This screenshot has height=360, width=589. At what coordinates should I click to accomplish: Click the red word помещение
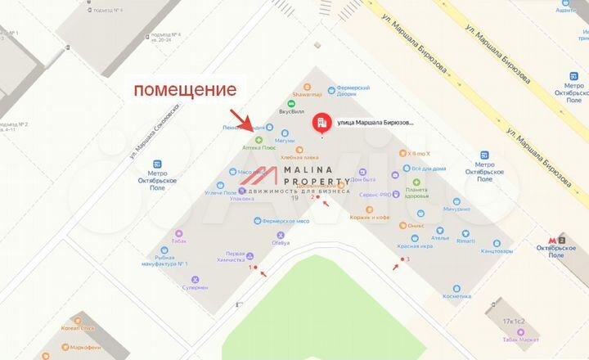(185, 89)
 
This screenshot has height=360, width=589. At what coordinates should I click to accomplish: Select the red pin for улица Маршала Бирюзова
(322, 123)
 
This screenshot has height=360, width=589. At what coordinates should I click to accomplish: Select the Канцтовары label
(497, 250)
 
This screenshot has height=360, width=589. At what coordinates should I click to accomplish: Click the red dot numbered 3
(398, 261)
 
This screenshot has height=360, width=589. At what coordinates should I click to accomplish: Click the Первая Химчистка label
(236, 257)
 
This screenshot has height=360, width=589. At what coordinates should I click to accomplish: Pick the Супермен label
(196, 287)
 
